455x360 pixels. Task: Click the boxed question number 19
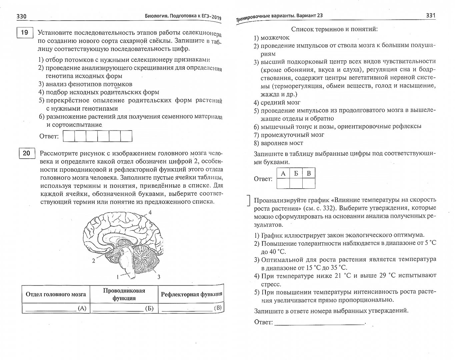coord(24,33)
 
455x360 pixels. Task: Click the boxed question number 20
coord(26,153)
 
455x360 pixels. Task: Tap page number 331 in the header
coord(431,16)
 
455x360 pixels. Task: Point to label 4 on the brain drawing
coord(150,212)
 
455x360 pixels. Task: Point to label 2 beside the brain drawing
coord(94,261)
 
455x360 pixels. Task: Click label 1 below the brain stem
coord(118,276)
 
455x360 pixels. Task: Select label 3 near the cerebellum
coord(159,276)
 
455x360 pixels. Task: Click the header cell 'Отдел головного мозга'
coord(56,294)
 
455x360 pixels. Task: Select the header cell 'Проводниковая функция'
coord(124,294)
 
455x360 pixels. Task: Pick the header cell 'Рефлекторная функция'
coord(191,294)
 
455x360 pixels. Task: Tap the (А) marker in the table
coord(82,308)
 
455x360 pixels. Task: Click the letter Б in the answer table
coord(296,173)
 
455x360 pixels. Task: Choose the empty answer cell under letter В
coord(309,183)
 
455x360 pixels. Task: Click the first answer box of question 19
coord(69,136)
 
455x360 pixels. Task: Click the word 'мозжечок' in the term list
coord(275,38)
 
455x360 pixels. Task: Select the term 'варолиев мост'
coord(282,143)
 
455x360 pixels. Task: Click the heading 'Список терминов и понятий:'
coord(334,29)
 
